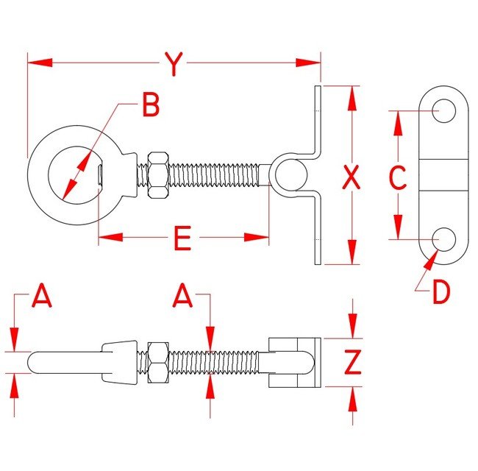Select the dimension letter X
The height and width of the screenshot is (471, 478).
coord(353,177)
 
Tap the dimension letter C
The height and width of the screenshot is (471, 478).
coord(397,177)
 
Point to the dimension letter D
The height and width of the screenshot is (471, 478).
coord(440,293)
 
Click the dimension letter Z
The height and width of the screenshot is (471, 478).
coord(354,362)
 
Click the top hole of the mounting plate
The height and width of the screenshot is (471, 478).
coord(443,111)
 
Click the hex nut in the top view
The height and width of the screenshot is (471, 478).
coord(157,176)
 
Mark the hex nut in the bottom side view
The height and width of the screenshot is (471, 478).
coord(157,362)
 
